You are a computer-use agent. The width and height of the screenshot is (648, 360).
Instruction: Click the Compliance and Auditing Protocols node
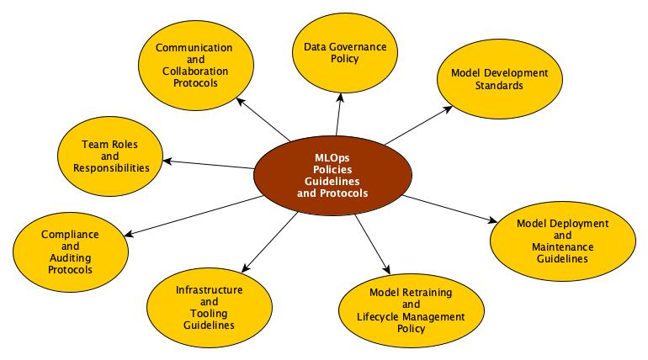click(71, 251)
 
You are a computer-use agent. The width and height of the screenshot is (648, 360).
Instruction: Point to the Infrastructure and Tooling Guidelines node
click(210, 307)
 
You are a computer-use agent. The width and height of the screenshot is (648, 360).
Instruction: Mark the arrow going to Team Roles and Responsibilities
click(209, 164)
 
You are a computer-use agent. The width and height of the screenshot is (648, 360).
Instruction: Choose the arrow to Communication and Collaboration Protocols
click(264, 119)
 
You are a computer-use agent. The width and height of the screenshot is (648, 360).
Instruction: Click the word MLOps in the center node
click(332, 156)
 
